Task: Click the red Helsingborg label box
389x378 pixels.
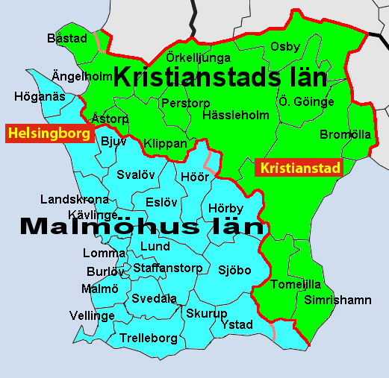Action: click(49, 134)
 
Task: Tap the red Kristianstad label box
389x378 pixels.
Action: click(299, 168)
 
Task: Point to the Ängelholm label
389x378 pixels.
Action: click(81, 76)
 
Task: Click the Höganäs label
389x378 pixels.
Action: click(40, 97)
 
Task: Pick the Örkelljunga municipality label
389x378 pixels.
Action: click(198, 57)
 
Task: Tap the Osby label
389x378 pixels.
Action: click(285, 47)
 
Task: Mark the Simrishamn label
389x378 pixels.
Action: click(337, 300)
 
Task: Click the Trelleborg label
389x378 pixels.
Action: click(149, 338)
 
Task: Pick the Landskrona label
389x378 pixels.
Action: click(75, 200)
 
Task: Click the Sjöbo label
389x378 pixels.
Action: click(234, 271)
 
